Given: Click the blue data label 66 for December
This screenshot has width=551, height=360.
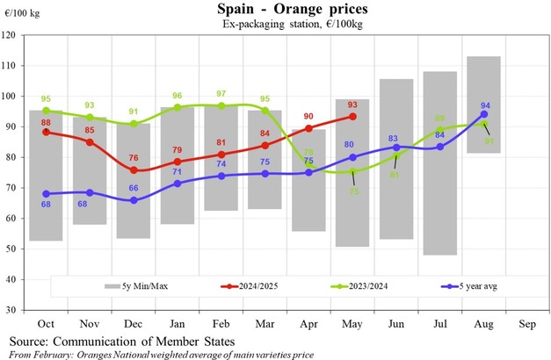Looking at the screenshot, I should click(134, 212).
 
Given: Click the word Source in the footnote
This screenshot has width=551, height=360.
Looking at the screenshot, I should click(32, 340).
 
